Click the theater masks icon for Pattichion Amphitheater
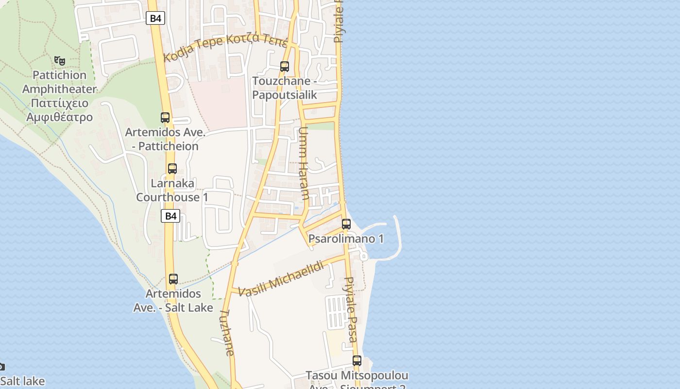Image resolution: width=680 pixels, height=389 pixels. (x=60, y=61)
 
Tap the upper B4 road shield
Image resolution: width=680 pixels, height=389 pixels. (x=155, y=18)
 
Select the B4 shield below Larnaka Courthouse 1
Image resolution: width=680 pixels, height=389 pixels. (x=170, y=216)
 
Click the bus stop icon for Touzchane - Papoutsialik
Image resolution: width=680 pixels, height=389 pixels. (x=285, y=67)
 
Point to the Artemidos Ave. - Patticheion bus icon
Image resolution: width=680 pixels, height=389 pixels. (x=165, y=118)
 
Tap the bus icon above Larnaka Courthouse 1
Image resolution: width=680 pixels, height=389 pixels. (x=172, y=169)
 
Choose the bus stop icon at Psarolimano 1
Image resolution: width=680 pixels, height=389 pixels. (x=346, y=224)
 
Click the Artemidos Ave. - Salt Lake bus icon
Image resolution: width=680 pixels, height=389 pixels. (x=173, y=279)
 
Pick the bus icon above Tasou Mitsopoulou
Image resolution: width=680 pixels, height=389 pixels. (x=357, y=361)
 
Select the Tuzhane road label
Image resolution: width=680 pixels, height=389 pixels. (x=227, y=333)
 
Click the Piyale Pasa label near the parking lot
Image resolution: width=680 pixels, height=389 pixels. (x=351, y=309)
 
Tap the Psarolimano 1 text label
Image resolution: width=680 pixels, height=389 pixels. (x=346, y=239)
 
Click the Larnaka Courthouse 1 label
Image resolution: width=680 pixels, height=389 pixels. (x=172, y=190)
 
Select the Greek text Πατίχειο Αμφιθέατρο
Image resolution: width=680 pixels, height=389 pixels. (x=59, y=110)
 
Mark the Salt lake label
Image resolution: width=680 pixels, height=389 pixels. (x=22, y=381)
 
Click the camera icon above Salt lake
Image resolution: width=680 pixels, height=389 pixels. (x=1, y=367)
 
